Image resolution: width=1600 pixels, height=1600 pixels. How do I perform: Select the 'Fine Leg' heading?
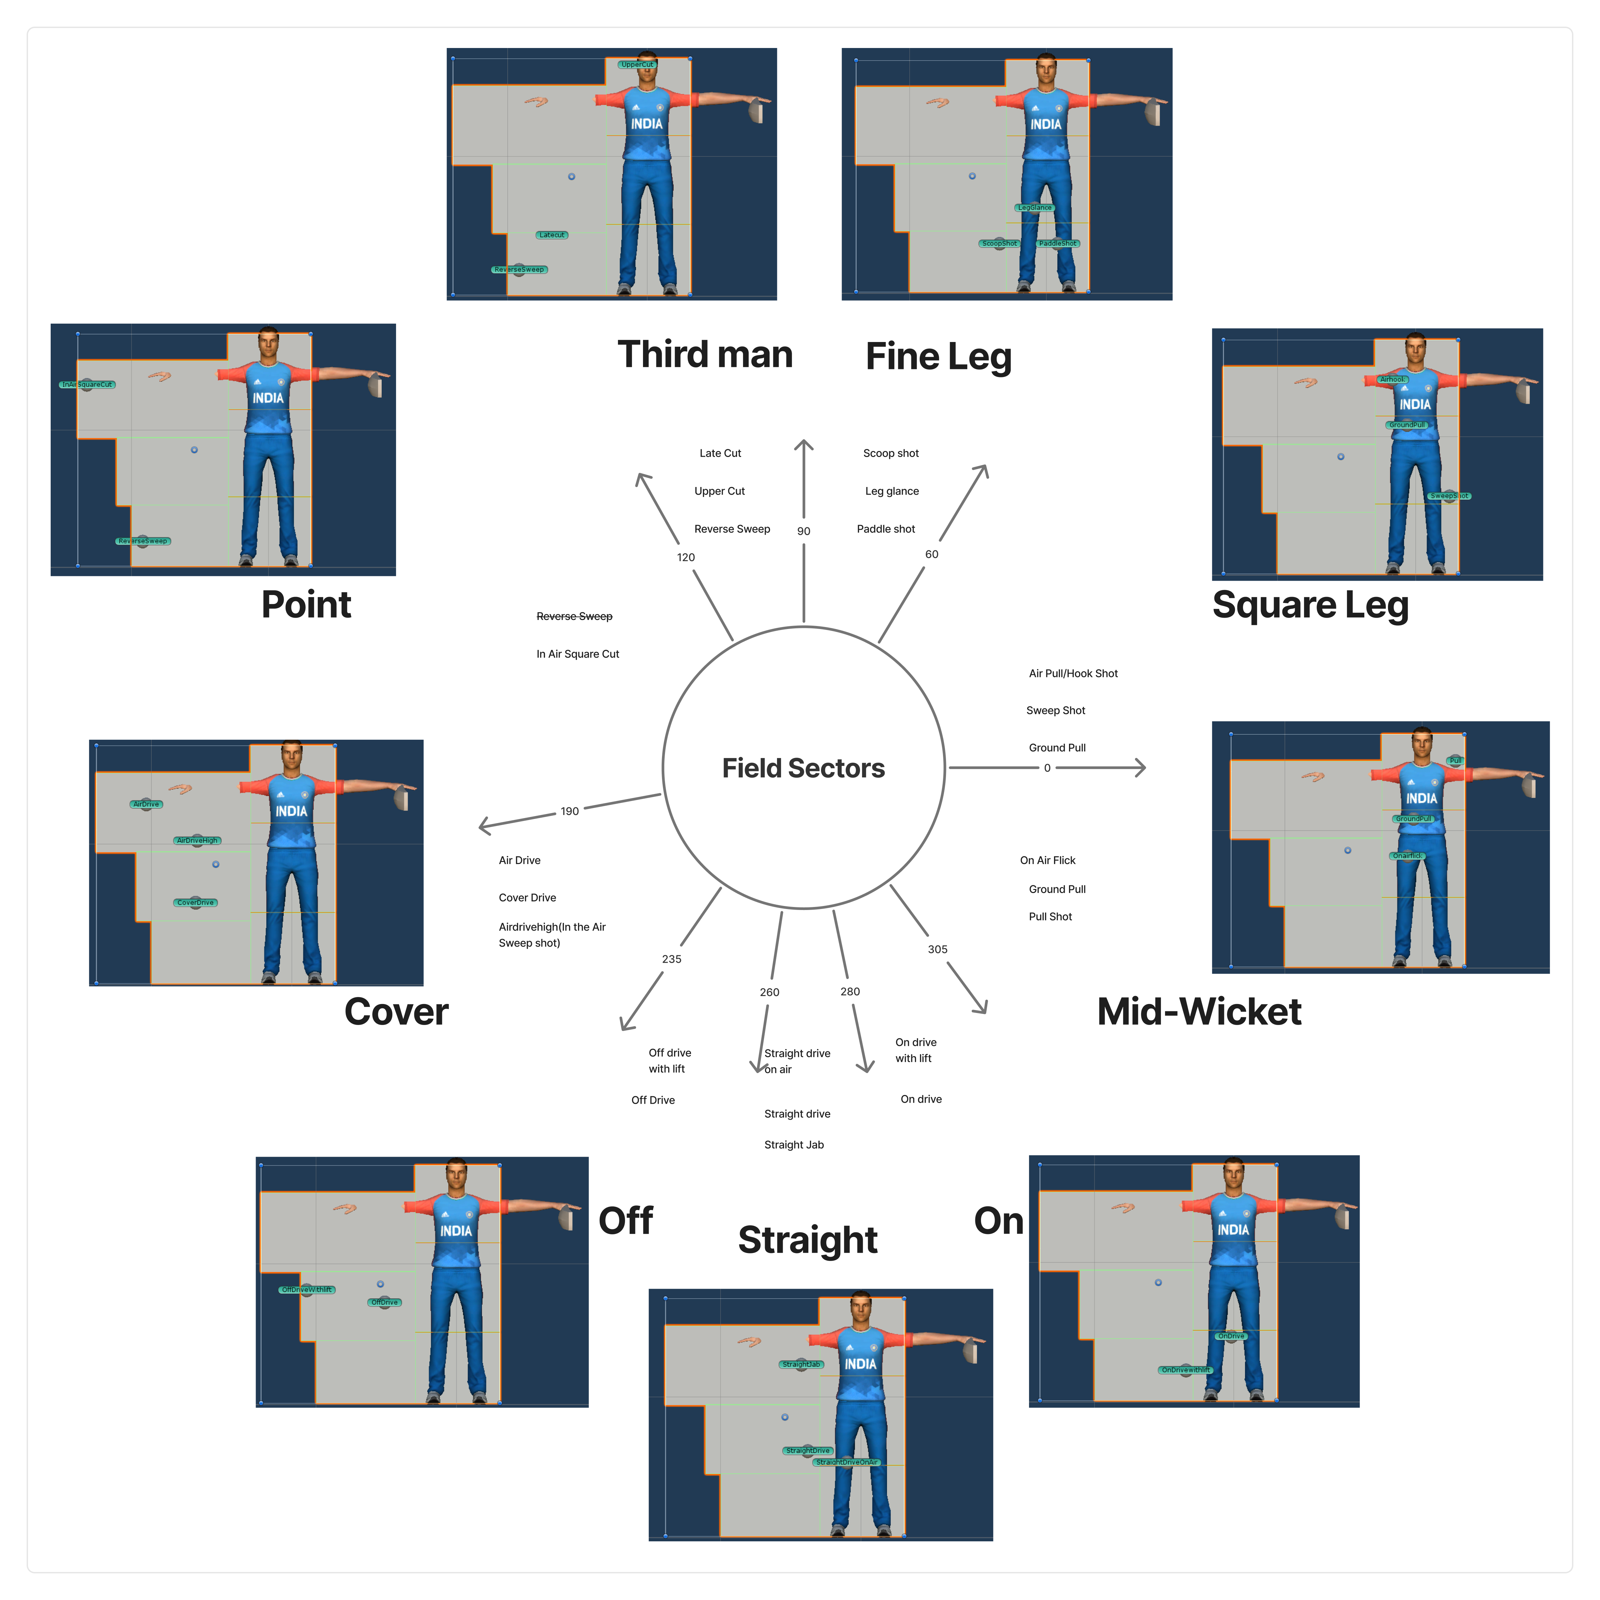[938, 356]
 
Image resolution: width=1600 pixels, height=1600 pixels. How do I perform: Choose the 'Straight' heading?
[807, 1240]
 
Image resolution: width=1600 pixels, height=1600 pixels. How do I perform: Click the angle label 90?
[803, 531]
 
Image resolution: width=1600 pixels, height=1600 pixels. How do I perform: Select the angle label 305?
[937, 949]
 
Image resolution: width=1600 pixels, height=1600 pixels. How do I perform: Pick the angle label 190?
[570, 812]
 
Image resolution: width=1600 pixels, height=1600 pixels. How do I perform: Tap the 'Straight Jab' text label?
[793, 1145]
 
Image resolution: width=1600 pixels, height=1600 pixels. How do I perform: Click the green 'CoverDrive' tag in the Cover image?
[195, 903]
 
